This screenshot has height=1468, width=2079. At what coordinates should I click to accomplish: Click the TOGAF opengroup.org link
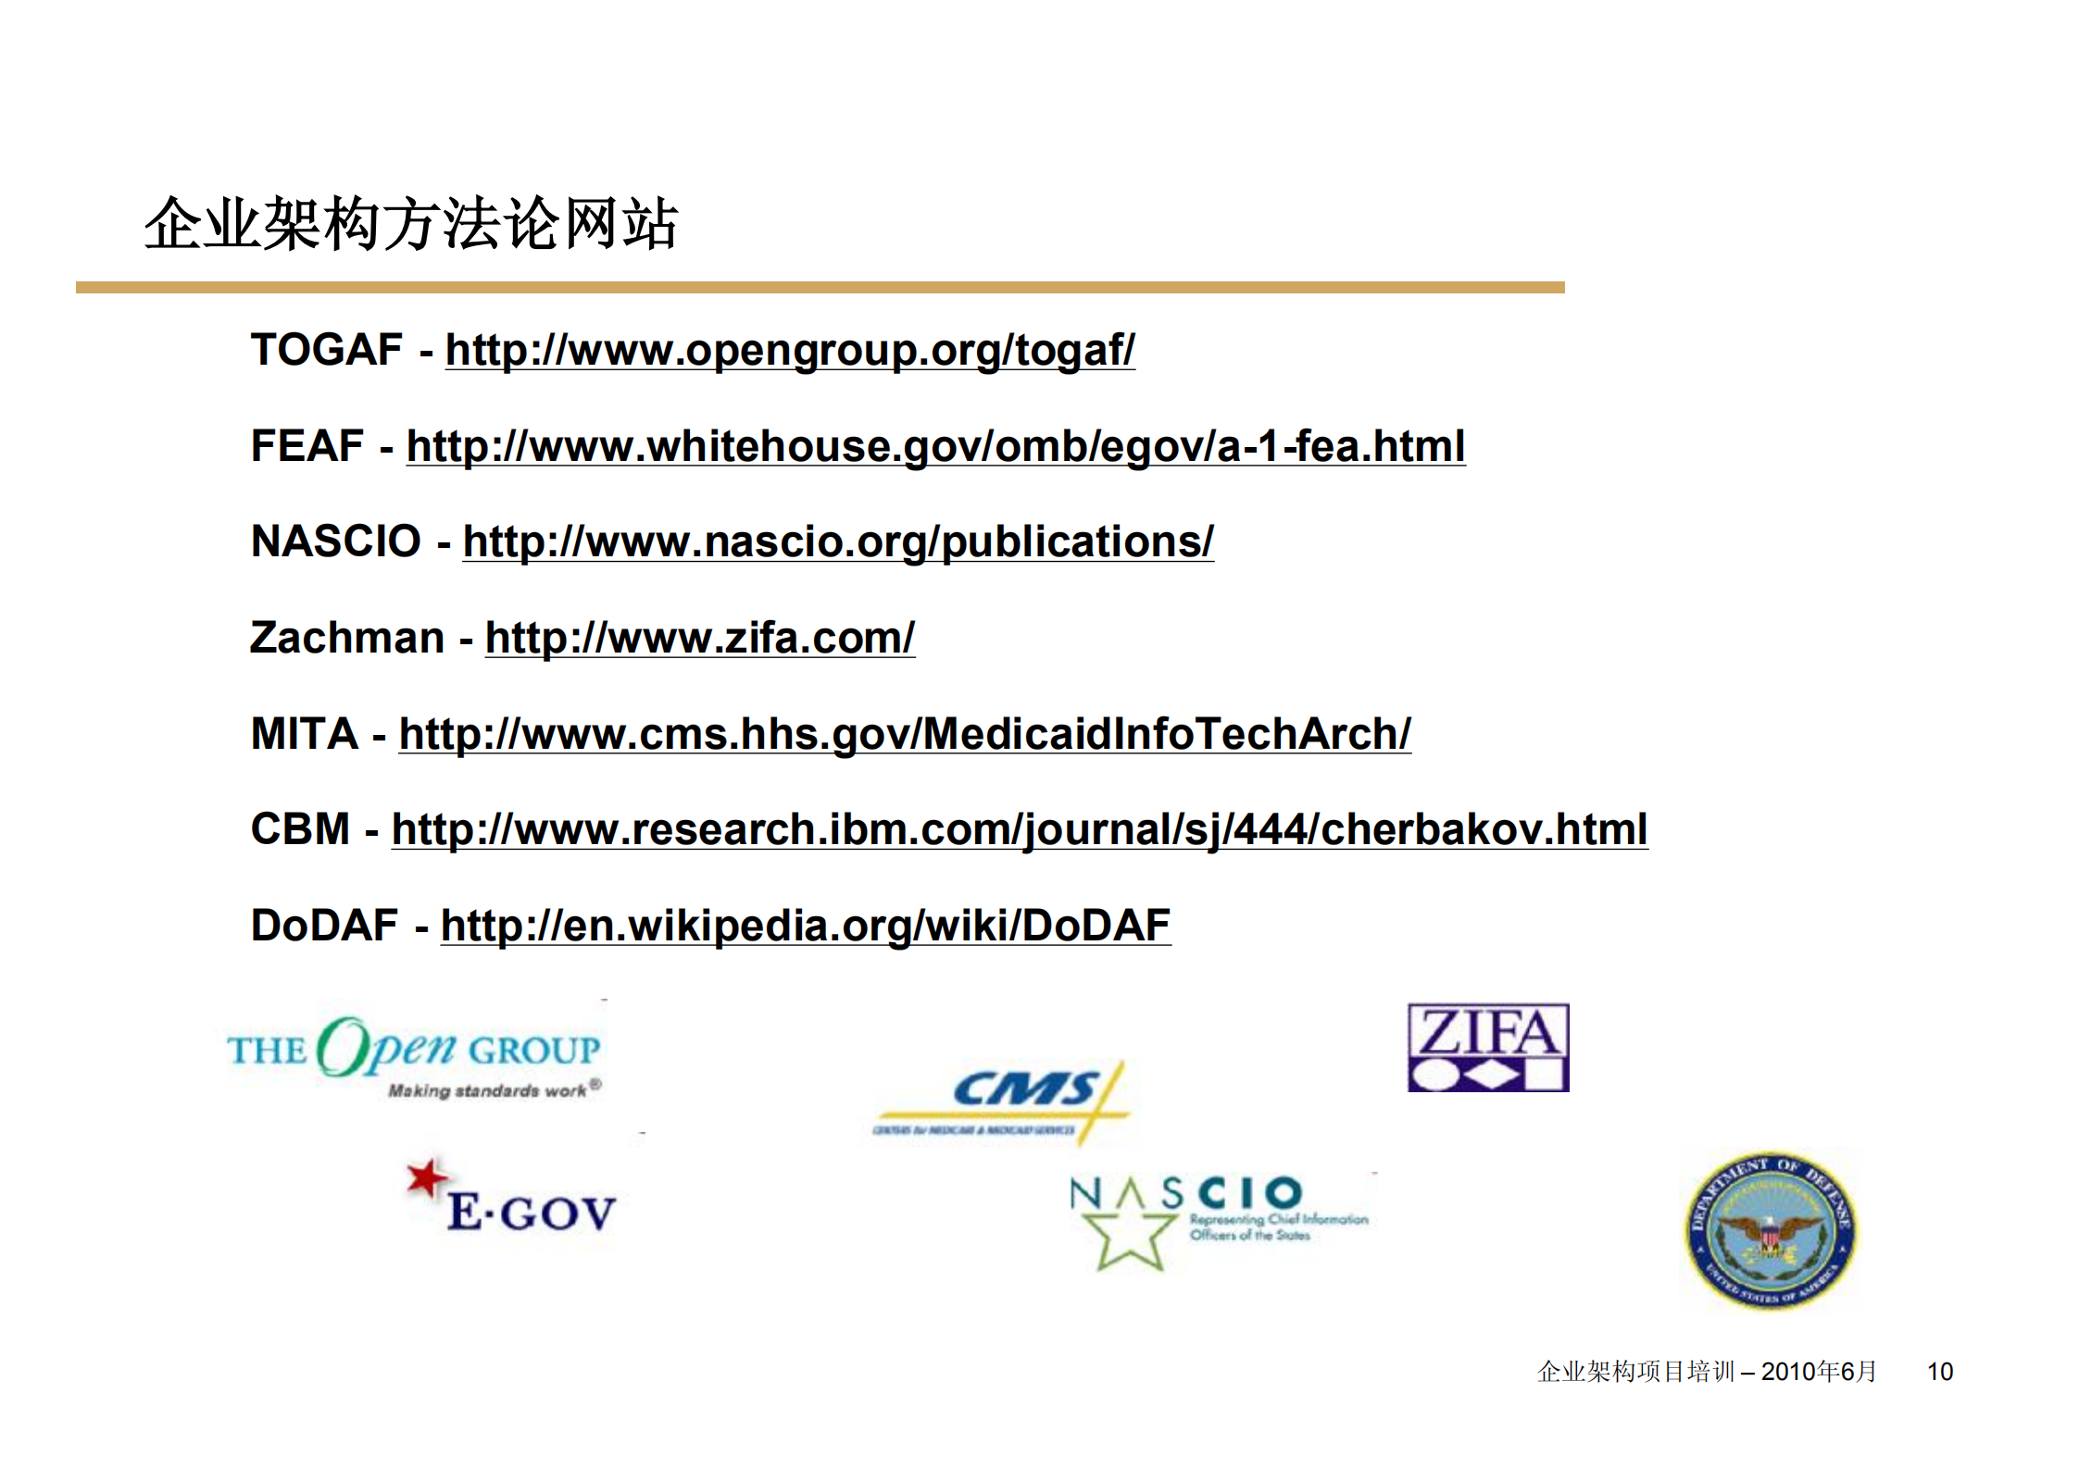[789, 351]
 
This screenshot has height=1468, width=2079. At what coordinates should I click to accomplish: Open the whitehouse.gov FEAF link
[935, 446]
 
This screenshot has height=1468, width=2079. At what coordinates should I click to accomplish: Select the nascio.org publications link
[837, 542]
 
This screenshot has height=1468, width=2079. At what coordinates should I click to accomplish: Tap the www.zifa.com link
[699, 639]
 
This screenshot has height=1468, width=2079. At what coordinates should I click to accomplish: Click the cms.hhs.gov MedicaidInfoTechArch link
[904, 734]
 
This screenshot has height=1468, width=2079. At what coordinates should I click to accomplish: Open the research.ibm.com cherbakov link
[1019, 829]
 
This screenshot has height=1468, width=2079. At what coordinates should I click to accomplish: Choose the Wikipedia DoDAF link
[805, 926]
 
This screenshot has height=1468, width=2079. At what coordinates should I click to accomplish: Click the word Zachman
[347, 639]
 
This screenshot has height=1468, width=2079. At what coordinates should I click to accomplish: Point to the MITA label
[305, 734]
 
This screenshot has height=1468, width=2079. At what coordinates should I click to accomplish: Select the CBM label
[300, 829]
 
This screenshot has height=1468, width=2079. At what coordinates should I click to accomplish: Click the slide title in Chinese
[411, 224]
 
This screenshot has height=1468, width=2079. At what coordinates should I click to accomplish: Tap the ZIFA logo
[1487, 1048]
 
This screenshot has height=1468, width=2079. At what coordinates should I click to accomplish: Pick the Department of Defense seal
[1769, 1230]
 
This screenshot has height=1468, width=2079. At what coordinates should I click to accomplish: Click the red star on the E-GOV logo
[426, 1177]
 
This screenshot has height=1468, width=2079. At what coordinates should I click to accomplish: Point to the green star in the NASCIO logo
[1129, 1237]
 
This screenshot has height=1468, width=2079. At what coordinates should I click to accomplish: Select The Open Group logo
[414, 1056]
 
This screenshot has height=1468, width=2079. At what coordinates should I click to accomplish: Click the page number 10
[1939, 1371]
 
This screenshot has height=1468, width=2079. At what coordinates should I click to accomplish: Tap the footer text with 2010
[1706, 1371]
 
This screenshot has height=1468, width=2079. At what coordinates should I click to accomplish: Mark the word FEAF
[307, 446]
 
